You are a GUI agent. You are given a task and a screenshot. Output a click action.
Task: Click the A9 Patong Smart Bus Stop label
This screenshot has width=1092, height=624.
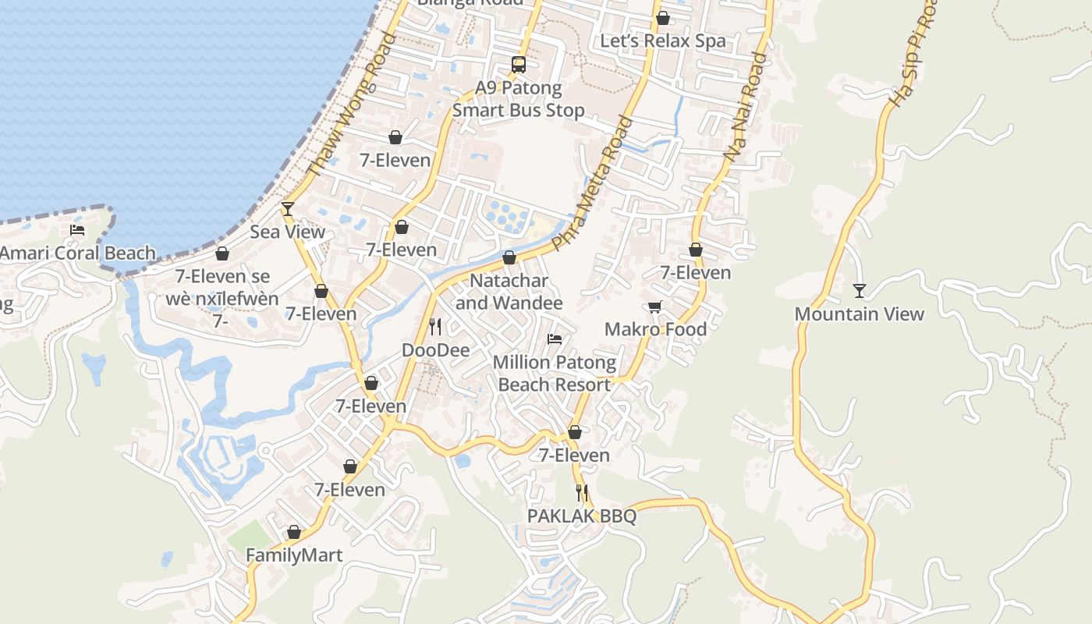pos(519,99)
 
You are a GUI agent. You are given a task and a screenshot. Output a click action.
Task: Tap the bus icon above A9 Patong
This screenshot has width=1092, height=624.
pos(519,65)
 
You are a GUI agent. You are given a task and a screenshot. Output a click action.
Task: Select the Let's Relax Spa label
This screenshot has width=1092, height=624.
pos(662,41)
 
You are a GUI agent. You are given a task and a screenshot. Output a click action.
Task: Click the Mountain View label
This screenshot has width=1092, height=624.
pos(859,314)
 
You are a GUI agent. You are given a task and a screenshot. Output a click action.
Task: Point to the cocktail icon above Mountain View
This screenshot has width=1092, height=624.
pos(859,291)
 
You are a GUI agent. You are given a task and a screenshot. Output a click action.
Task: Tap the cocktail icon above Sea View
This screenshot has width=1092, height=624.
pos(288,208)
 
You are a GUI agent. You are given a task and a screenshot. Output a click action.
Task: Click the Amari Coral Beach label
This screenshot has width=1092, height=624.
pos(78,253)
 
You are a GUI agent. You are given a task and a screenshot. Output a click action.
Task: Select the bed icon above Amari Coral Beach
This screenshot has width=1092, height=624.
pos(77,229)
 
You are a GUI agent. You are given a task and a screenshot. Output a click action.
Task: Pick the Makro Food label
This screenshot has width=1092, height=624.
pos(655,329)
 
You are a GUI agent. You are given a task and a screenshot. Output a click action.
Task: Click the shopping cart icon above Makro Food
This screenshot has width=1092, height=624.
pos(654,307)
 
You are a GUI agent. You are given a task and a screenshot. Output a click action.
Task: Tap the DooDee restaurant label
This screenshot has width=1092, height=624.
pos(435,350)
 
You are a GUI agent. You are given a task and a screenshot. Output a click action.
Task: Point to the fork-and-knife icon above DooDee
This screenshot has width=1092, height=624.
pos(435,326)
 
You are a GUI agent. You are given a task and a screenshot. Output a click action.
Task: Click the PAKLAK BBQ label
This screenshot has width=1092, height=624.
pos(582,516)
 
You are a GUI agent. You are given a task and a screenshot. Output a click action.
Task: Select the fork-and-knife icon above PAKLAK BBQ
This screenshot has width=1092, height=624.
pos(582,492)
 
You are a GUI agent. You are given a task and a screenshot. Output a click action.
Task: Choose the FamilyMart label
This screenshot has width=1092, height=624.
pos(294,555)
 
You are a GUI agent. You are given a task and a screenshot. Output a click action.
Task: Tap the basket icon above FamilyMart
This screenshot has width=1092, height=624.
pos(294,532)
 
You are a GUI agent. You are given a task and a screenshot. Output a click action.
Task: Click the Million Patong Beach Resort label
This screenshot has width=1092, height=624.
pos(555,374)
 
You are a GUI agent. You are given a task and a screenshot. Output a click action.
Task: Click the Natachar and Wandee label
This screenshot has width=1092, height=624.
pos(509,292)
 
